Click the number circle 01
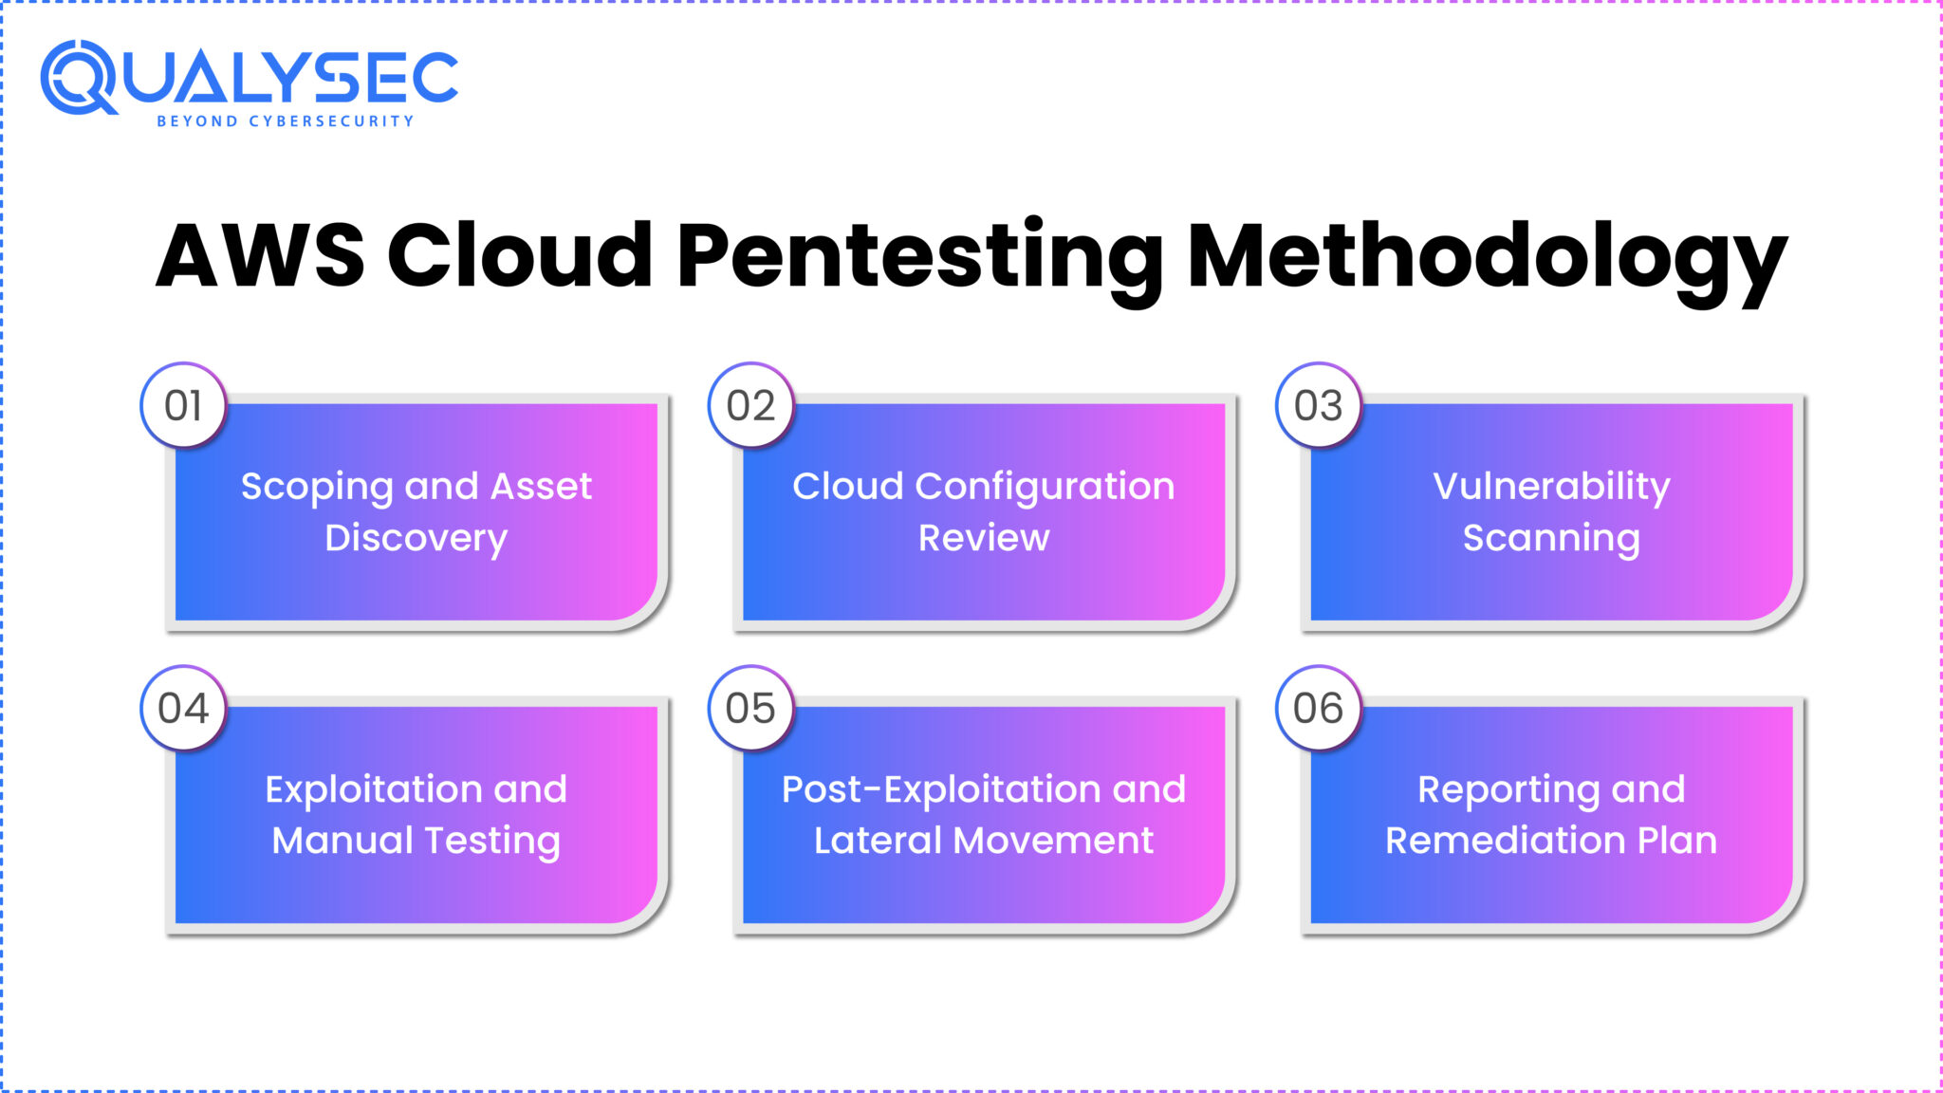183,406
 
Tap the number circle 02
750,406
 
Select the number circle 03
1318,406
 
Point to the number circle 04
183,709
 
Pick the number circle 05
750,709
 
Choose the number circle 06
1318,709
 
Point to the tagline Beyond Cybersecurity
285,121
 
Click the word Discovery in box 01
416,538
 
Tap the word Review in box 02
984,538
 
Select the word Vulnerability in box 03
1551,487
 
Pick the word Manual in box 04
342,841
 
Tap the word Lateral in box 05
877,841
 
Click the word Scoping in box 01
316,488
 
